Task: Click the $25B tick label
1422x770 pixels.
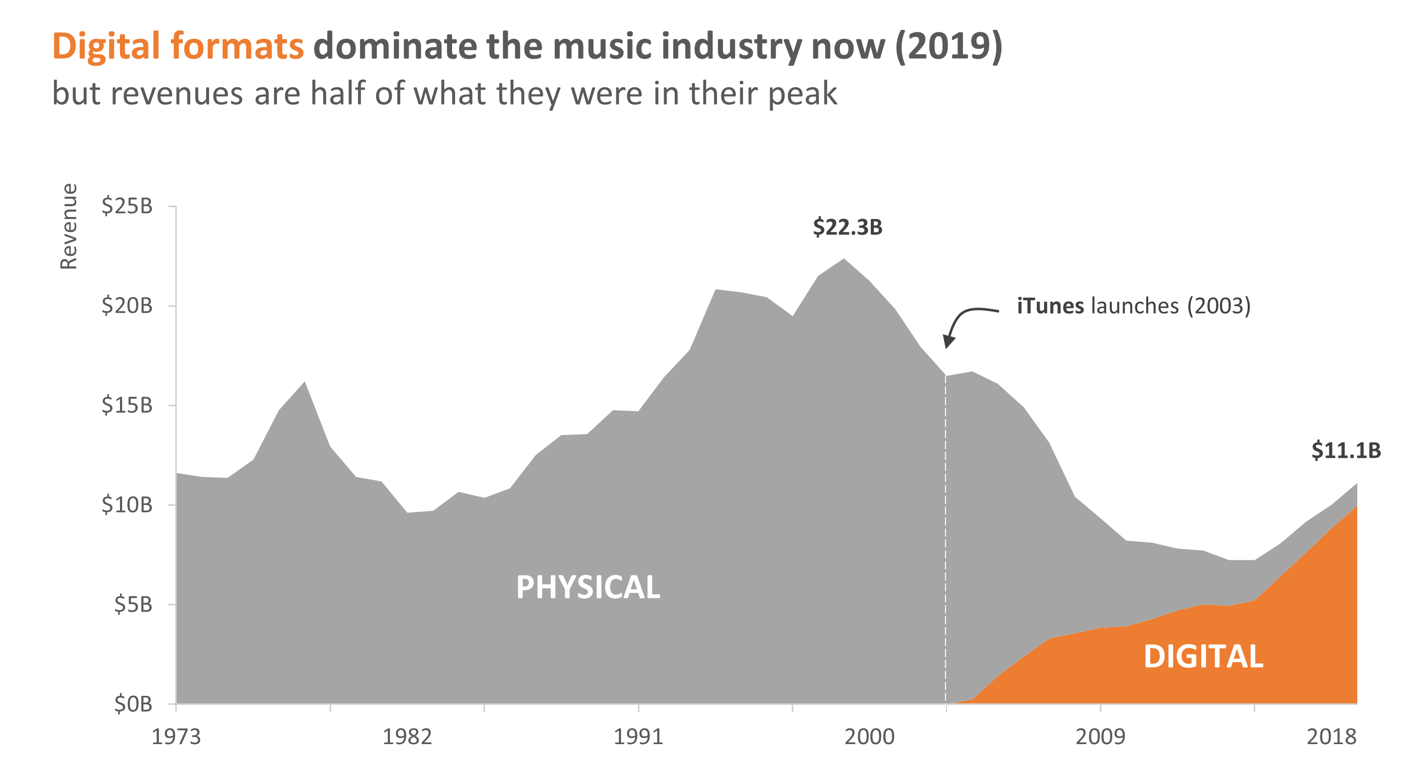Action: (x=126, y=207)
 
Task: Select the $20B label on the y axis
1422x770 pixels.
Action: (x=126, y=306)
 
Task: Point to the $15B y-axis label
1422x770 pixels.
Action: (x=126, y=406)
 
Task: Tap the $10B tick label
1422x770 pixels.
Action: (x=126, y=505)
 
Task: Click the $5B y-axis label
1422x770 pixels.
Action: (x=132, y=605)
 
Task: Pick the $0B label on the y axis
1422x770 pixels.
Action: (x=132, y=704)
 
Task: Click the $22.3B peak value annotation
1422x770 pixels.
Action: (x=847, y=227)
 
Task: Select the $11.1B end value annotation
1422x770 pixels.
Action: (x=1346, y=451)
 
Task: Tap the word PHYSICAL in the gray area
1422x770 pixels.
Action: (x=588, y=587)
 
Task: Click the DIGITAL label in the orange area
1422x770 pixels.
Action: (x=1203, y=657)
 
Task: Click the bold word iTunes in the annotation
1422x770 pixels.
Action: (x=1050, y=306)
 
